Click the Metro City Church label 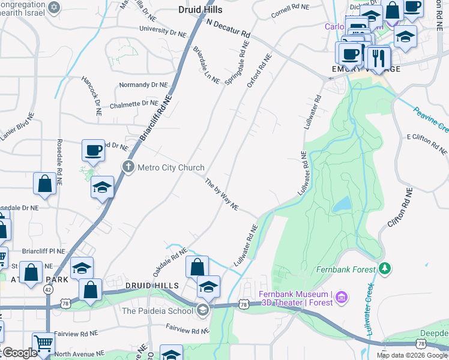coord(171,167)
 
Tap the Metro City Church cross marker coord(128,167)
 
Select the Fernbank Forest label coord(347,269)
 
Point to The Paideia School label coord(157,310)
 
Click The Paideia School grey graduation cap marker coord(203,310)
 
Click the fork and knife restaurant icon coord(378,59)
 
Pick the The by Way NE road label coord(221,194)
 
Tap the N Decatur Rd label coord(228,28)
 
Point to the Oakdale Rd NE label coord(166,263)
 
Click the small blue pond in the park coord(342,204)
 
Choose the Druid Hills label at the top coord(200,10)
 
